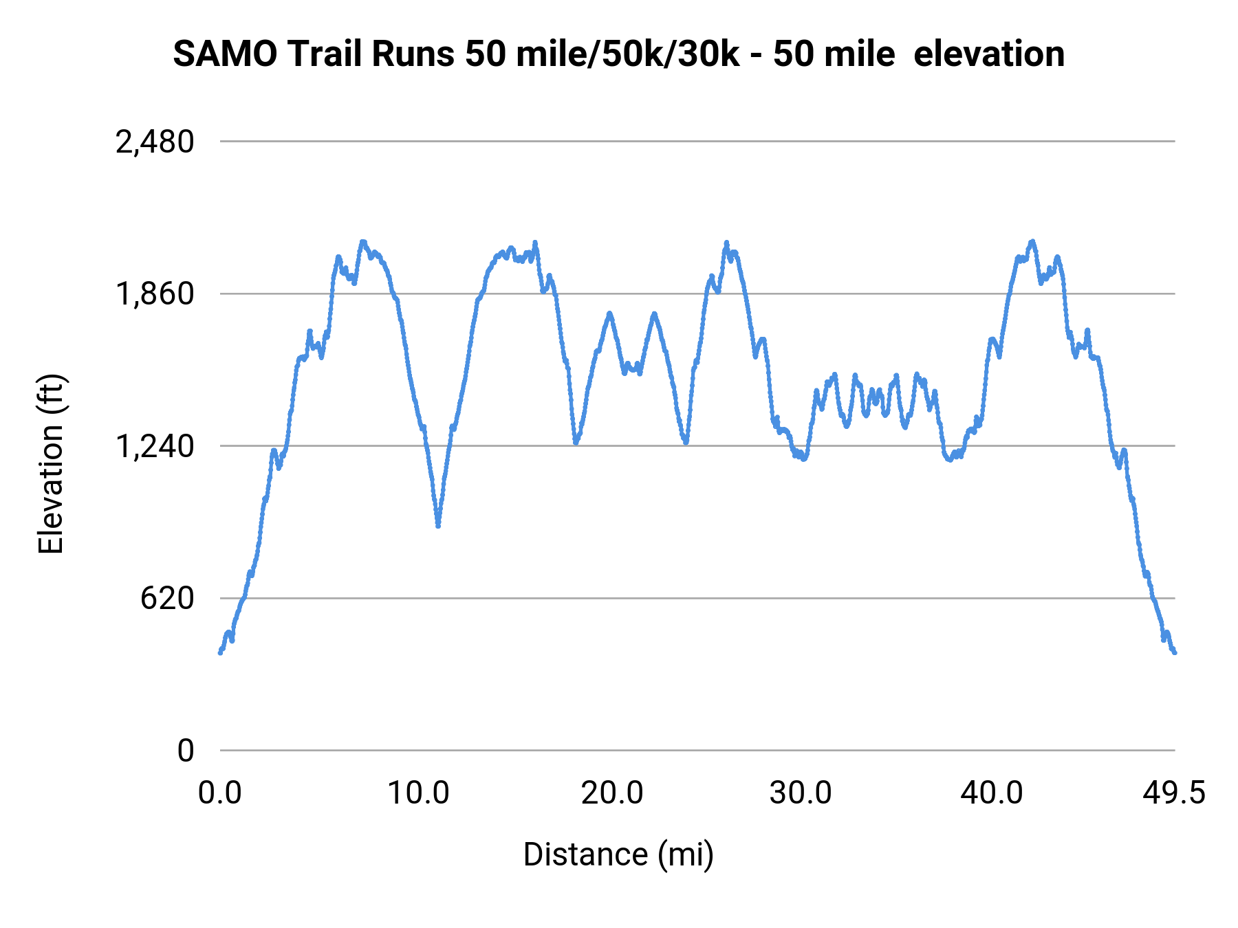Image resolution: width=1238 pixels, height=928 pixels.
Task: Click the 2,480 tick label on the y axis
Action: tap(155, 142)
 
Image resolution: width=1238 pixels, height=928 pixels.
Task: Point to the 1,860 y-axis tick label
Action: tap(155, 294)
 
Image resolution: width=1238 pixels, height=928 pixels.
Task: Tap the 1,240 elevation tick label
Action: tap(155, 447)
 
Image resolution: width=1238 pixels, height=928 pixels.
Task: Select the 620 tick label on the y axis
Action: tap(167, 599)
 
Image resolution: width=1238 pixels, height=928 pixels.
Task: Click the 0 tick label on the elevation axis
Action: tap(185, 751)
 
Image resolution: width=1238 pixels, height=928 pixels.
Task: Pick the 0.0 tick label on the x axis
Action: tap(220, 793)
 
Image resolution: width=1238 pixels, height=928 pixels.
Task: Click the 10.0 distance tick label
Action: tap(418, 793)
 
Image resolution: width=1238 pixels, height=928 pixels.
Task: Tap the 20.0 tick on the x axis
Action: tap(612, 793)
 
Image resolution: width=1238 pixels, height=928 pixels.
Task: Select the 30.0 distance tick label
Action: tap(801, 793)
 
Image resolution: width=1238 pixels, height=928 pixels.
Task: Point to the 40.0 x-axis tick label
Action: tap(992, 793)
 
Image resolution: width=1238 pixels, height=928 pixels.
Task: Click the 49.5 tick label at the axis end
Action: tap(1174, 793)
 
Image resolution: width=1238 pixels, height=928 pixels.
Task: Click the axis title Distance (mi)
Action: tap(618, 854)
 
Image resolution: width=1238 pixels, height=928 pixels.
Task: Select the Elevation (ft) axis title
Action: tap(51, 464)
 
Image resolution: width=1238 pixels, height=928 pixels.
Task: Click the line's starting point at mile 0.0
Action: tap(220, 652)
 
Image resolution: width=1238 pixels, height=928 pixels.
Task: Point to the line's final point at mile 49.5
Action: tap(1175, 652)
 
